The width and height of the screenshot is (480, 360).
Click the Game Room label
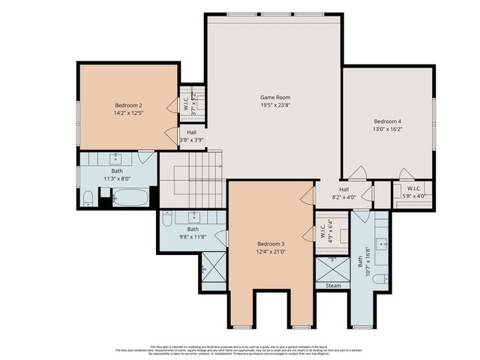[x=274, y=97]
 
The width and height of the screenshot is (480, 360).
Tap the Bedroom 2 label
[x=128, y=105]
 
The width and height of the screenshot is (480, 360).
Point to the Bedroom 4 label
[x=388, y=121]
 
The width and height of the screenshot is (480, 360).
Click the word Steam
[x=332, y=286]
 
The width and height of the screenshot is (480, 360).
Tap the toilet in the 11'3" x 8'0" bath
[x=88, y=199]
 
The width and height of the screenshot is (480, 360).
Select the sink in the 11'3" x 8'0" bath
[x=117, y=158]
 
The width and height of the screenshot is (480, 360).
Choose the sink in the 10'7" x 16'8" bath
[x=380, y=243]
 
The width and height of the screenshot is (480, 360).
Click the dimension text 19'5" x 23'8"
[x=274, y=106]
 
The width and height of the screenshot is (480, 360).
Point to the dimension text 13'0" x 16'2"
[x=388, y=129]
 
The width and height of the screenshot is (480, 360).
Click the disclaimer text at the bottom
[x=240, y=349]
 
